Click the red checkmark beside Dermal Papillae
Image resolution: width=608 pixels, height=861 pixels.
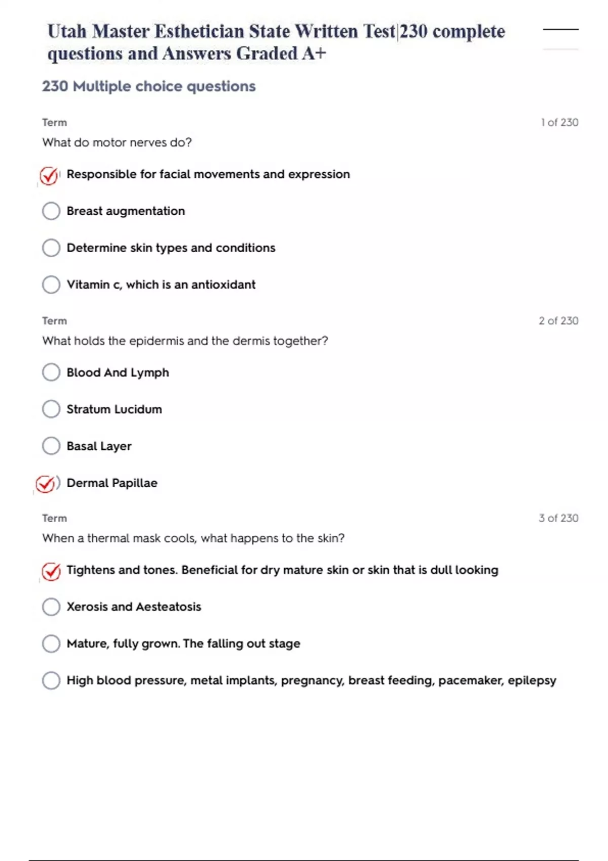pos(46,484)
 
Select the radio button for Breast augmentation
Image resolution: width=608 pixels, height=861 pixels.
pos(51,211)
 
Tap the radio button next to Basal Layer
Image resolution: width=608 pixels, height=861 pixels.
pos(51,446)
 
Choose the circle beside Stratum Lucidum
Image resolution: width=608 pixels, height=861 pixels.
pos(51,409)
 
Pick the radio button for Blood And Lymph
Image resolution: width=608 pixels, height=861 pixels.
pos(51,372)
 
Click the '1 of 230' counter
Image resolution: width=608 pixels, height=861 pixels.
pos(559,123)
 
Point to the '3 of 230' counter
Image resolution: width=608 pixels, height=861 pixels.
pos(558,518)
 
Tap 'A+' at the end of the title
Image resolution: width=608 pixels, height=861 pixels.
pos(314,54)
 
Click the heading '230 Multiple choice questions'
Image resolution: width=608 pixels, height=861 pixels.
pos(149,87)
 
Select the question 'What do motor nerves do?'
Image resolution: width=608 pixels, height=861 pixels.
pos(117,142)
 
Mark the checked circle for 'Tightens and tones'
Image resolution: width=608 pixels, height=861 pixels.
pos(51,571)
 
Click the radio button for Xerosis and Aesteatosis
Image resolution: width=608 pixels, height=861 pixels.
pos(51,607)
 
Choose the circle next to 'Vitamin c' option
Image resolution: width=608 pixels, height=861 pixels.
pos(51,285)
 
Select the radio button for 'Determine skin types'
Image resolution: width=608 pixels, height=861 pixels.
pos(51,248)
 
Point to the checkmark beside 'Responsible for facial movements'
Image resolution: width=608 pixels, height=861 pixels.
pos(49,176)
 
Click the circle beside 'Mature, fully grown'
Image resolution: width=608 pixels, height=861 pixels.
pos(51,644)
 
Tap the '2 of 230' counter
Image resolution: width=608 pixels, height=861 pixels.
pos(558,321)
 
